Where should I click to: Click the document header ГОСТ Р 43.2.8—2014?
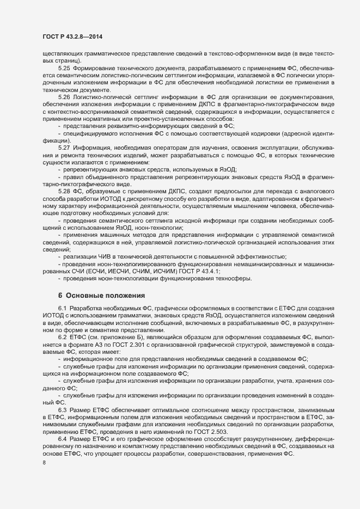click(x=72, y=36)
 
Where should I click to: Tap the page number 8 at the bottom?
click(x=44, y=463)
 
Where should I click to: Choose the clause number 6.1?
click(x=62, y=309)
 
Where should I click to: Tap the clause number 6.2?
click(x=62, y=338)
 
